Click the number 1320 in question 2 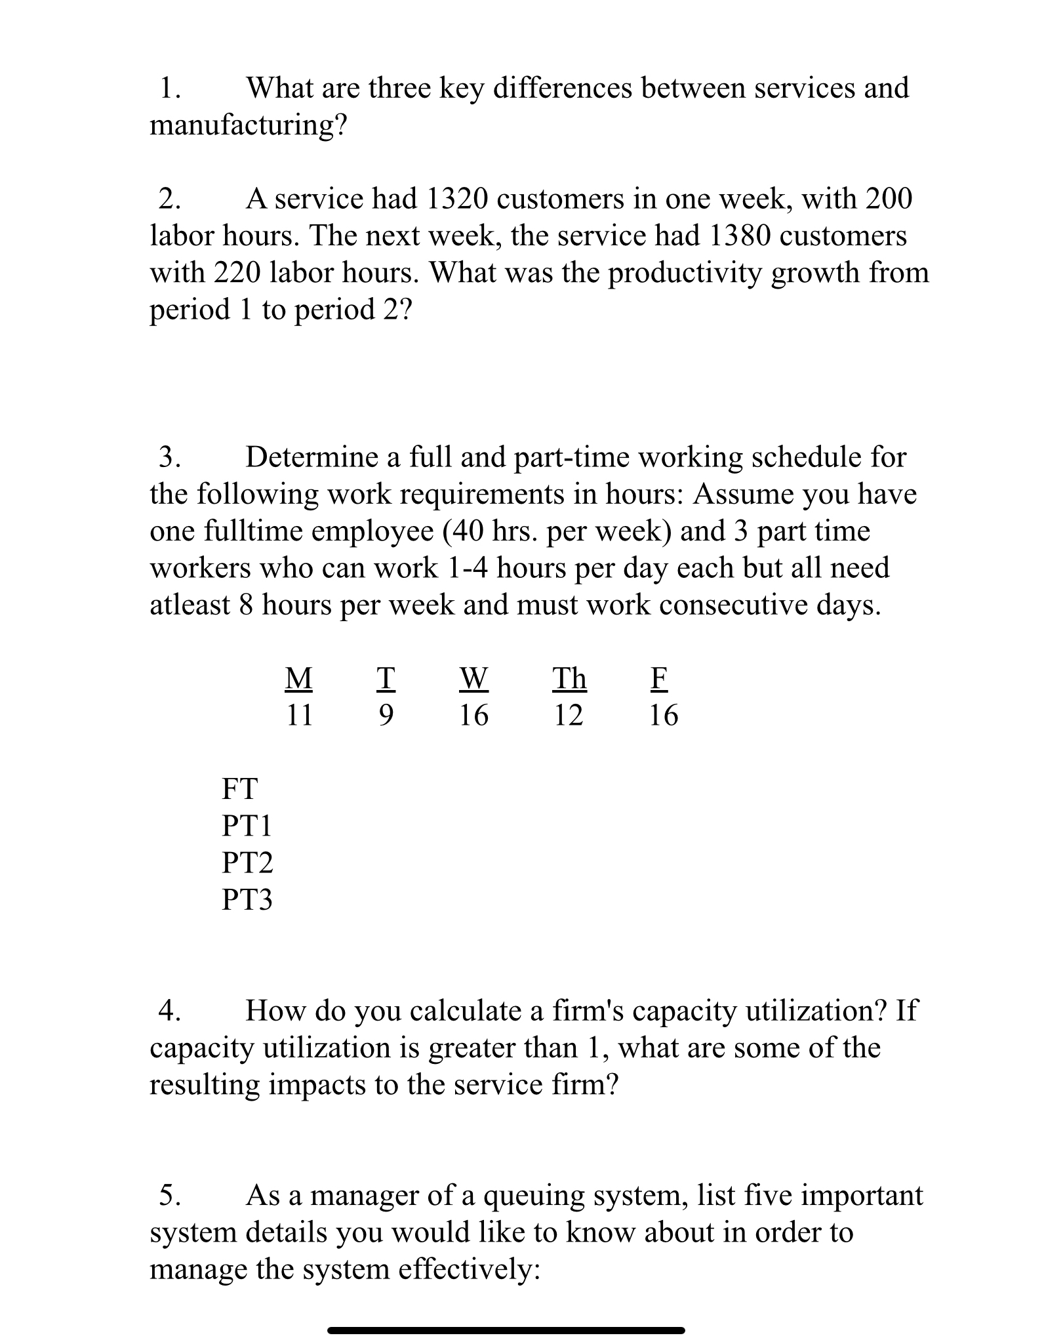tap(457, 199)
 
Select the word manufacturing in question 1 tap(241, 125)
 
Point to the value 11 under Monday tap(299, 715)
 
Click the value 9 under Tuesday tap(386, 715)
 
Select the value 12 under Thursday tap(568, 715)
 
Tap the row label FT tap(239, 788)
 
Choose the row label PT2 tap(247, 863)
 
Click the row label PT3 tap(247, 899)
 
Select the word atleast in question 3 tap(190, 605)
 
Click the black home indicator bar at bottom tap(506, 1330)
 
